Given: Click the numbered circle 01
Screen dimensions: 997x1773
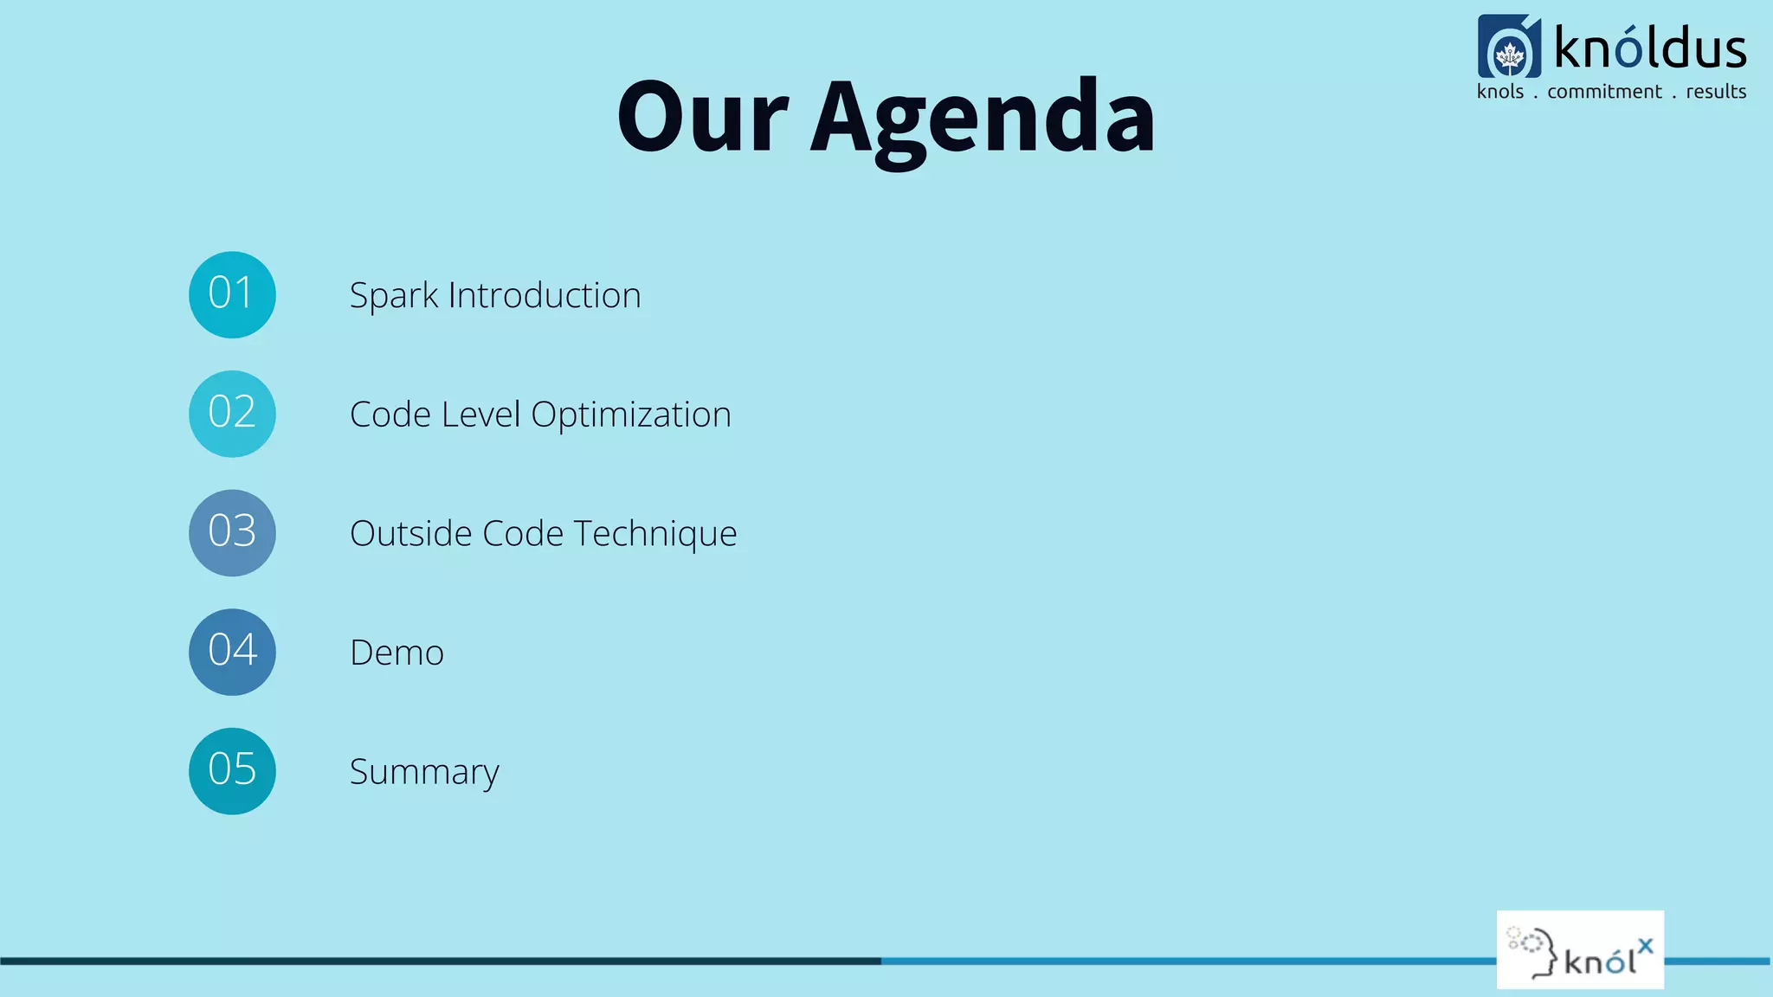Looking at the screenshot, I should click(x=232, y=295).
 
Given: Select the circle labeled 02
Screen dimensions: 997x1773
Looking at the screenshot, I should click(x=232, y=414).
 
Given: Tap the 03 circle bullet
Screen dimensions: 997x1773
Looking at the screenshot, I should click(x=232, y=533).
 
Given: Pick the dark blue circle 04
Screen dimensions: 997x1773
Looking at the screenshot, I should click(x=232, y=652).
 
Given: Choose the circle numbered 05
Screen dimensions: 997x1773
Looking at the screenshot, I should click(x=232, y=770).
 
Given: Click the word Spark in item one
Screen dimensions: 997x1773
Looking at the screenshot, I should click(x=394, y=296).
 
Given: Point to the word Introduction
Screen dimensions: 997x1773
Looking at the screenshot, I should click(x=545, y=295).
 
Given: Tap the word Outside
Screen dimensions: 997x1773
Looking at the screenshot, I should click(x=410, y=533).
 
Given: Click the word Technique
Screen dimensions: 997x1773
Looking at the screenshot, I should click(x=655, y=534).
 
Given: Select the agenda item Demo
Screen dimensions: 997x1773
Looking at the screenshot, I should click(x=397, y=653).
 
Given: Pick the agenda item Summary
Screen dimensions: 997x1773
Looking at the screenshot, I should click(x=424, y=772).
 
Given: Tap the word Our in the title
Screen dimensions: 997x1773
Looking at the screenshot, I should click(x=702, y=117).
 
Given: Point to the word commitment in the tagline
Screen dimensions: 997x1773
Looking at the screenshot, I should click(x=1604, y=92).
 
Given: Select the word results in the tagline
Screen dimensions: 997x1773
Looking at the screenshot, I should click(x=1716, y=92).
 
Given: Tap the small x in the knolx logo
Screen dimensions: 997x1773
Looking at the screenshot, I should click(x=1645, y=945).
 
